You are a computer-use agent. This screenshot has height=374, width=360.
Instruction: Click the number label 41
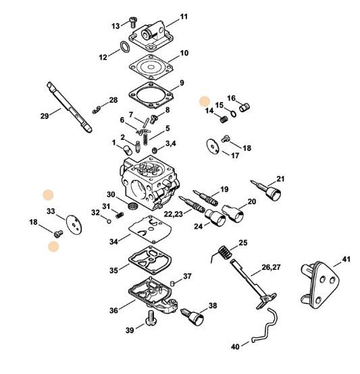point(346,260)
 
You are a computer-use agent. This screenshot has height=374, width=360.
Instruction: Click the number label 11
point(184,16)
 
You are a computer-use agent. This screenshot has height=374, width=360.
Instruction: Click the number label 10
point(183,53)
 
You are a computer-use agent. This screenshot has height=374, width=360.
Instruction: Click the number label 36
point(113,310)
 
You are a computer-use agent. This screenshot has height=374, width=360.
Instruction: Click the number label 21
point(280,179)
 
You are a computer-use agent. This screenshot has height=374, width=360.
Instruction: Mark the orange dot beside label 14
point(205,101)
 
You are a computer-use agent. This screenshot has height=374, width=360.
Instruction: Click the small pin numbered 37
point(173,282)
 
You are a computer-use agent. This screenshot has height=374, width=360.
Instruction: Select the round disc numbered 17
point(214,144)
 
